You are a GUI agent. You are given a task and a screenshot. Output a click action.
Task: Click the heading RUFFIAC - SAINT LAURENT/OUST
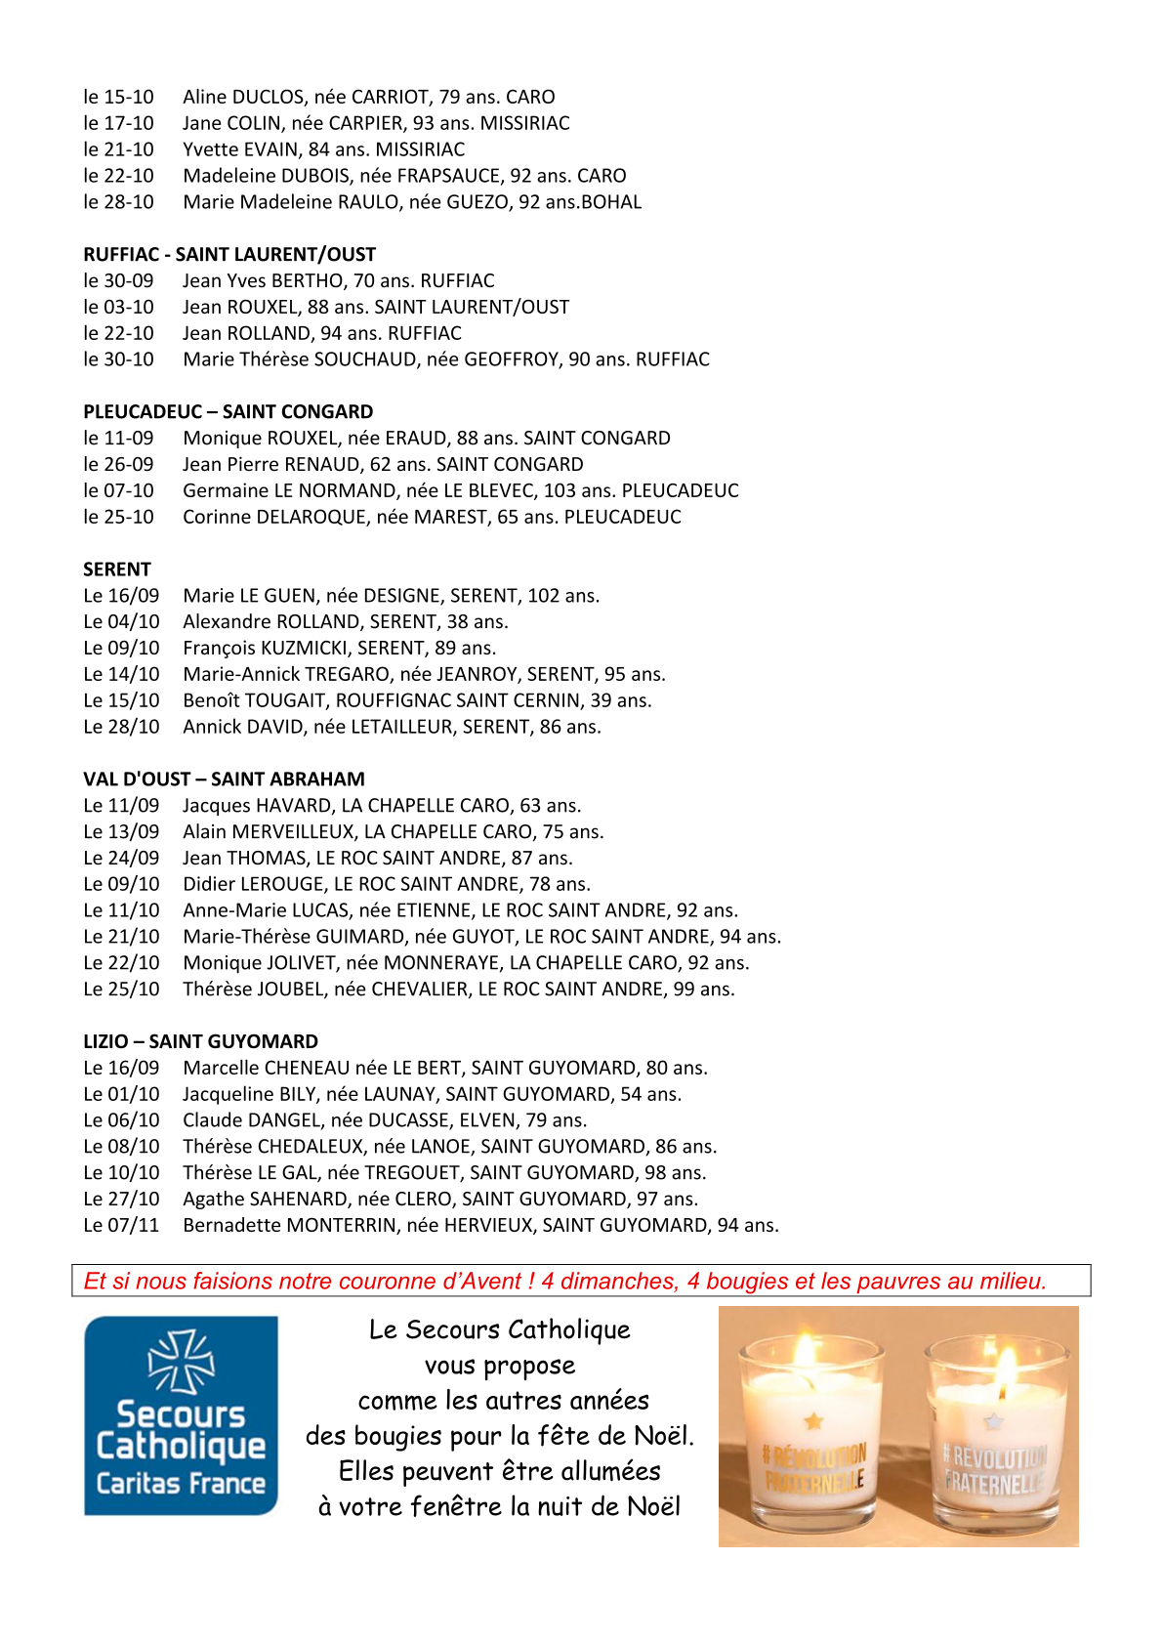click(229, 255)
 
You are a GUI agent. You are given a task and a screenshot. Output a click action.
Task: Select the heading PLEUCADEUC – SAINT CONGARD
click(228, 412)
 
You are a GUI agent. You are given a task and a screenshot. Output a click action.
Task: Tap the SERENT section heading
click(117, 569)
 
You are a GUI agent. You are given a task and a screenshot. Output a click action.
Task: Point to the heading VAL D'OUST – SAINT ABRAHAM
click(224, 780)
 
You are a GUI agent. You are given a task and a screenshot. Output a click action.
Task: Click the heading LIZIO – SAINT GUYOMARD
click(200, 1042)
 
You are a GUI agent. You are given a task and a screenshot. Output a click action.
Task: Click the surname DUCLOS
click(269, 98)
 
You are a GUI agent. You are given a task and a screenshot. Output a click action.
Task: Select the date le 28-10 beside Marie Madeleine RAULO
click(118, 203)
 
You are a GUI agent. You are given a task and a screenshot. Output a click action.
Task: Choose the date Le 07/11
click(121, 1226)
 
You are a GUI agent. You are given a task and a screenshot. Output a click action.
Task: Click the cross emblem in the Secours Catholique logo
click(181, 1360)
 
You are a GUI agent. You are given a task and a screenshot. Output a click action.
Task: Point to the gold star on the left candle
click(813, 1420)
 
